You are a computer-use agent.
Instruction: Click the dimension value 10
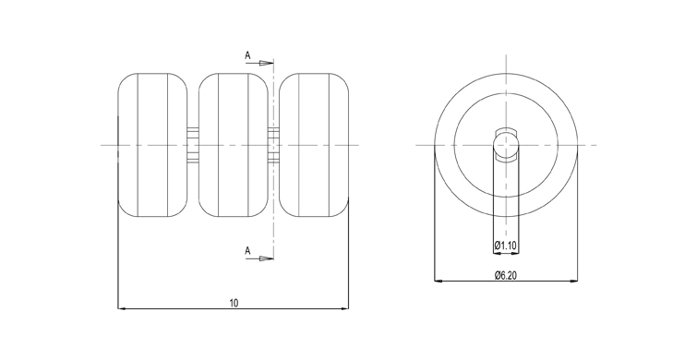tap(234, 303)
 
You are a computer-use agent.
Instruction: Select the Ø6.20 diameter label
tap(506, 276)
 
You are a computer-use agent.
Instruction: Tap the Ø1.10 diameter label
tap(505, 245)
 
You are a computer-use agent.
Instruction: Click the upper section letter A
tap(247, 55)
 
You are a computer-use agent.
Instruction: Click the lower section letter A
tap(247, 251)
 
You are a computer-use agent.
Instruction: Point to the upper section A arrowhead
tap(267, 63)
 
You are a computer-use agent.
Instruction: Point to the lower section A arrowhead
tap(267, 258)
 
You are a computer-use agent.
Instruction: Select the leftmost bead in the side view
tap(152, 145)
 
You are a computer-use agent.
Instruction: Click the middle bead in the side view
tap(234, 145)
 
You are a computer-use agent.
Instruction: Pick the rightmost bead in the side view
tap(314, 145)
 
